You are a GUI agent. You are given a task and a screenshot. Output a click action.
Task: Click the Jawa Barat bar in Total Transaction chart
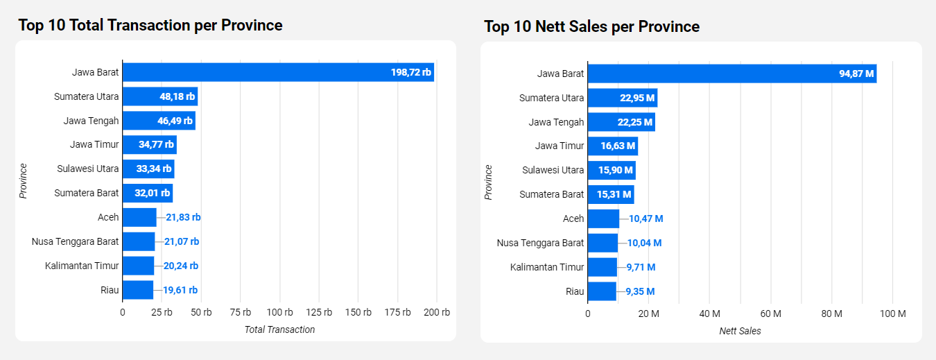click(x=277, y=72)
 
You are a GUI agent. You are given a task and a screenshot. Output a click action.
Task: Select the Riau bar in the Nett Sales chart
click(x=602, y=291)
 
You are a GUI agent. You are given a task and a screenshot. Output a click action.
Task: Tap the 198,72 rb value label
click(x=410, y=72)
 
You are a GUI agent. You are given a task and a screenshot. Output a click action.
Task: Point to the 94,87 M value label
click(x=857, y=74)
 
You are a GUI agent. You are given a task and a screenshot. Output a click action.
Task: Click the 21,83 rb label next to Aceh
click(x=183, y=217)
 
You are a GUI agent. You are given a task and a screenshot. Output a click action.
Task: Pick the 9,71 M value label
click(x=641, y=267)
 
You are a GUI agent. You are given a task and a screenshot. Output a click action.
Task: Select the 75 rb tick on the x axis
click(x=240, y=312)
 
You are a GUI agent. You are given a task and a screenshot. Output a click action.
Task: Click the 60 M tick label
click(x=770, y=314)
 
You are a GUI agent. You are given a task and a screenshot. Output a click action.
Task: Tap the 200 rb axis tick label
click(x=437, y=312)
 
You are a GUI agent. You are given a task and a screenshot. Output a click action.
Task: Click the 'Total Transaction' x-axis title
click(x=279, y=329)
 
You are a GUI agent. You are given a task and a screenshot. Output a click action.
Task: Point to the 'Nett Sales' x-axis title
click(x=740, y=331)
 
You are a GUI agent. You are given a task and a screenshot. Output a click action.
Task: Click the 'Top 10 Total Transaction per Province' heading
click(x=150, y=26)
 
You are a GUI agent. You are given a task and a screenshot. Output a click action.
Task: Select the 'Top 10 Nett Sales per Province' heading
click(x=591, y=27)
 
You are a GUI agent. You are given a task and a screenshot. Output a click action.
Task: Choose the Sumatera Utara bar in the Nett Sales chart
click(x=622, y=98)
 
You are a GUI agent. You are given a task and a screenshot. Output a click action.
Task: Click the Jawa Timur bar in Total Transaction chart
click(x=149, y=145)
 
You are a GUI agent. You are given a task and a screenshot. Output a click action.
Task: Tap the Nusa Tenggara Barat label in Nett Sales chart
click(x=540, y=243)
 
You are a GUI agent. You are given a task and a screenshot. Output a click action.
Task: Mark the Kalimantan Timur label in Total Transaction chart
click(x=82, y=266)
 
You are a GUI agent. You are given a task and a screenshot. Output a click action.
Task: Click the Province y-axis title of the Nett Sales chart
click(x=488, y=182)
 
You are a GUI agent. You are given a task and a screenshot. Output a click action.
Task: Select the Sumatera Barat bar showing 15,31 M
click(x=610, y=194)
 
